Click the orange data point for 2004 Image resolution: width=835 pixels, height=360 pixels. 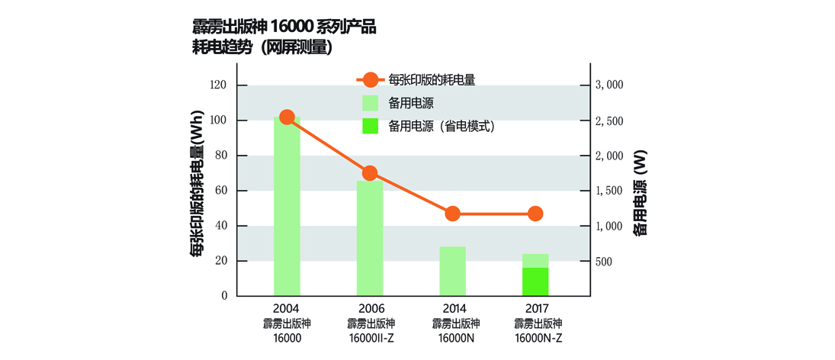click(287, 117)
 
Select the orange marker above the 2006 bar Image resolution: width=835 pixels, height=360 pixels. click(370, 173)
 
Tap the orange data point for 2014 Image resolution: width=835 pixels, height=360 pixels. click(452, 214)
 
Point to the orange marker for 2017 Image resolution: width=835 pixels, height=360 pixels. click(535, 214)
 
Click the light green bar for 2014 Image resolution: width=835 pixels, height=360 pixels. click(452, 271)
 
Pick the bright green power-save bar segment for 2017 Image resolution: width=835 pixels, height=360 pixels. click(535, 281)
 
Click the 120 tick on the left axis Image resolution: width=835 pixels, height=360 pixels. click(218, 85)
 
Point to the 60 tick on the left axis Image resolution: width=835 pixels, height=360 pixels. click(221, 191)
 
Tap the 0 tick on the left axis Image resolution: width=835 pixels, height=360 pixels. click(224, 296)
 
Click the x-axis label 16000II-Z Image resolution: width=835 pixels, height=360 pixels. click(370, 337)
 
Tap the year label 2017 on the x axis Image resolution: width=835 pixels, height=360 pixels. click(535, 310)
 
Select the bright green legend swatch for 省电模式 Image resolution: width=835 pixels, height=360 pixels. click(370, 127)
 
